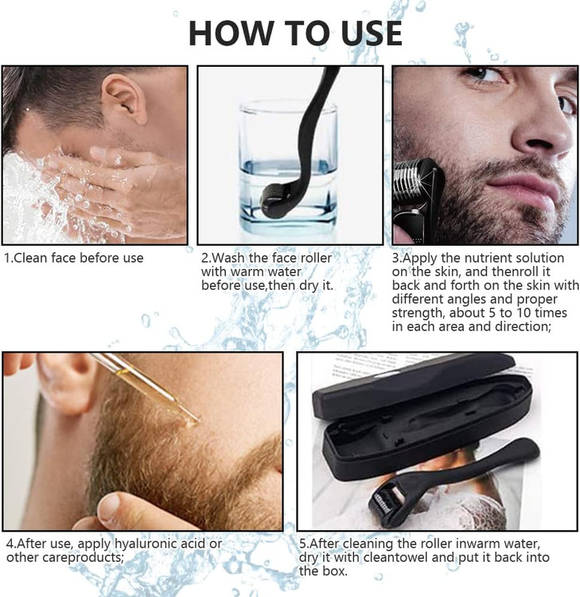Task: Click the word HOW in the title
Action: point(232,33)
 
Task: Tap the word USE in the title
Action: point(372,33)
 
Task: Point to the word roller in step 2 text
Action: point(316,258)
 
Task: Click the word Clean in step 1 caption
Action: point(31,258)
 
